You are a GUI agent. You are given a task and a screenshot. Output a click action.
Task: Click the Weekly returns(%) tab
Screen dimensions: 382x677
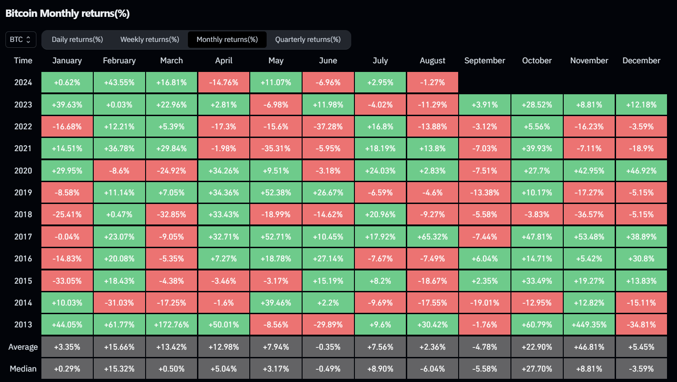coord(150,40)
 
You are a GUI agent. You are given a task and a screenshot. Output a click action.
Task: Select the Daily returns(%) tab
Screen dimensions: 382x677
coord(77,40)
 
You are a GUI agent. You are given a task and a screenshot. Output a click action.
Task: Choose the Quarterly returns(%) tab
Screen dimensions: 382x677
coord(308,40)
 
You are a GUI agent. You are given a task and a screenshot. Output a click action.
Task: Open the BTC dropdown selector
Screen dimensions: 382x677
coord(20,40)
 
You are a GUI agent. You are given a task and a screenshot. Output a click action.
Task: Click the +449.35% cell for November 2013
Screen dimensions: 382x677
coord(589,325)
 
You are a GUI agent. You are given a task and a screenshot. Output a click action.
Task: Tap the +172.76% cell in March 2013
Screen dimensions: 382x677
coord(172,325)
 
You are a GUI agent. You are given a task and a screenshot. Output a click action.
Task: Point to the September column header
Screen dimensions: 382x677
coord(485,61)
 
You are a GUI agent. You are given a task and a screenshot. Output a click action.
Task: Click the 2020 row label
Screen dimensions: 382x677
coord(23,171)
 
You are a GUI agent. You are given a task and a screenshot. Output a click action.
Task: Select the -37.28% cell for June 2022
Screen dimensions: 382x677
coord(328,127)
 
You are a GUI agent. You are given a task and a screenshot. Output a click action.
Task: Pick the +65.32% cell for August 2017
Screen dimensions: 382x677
coord(432,237)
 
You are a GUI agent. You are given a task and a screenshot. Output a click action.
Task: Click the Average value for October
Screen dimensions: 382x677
coord(537,347)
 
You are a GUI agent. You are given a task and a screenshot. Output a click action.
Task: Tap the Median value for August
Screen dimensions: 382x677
coord(432,369)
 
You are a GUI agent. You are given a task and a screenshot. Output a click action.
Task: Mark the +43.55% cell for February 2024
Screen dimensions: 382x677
coord(119,82)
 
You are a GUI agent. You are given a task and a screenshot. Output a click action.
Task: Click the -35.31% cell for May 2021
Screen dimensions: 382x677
coord(276,148)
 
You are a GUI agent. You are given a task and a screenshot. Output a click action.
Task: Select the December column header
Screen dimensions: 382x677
coord(641,61)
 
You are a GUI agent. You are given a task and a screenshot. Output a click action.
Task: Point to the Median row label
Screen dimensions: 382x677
coord(23,369)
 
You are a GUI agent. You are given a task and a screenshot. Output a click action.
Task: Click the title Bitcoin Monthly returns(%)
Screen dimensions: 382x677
coord(67,13)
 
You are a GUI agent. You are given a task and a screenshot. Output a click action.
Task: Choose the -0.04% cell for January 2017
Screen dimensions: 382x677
coord(67,237)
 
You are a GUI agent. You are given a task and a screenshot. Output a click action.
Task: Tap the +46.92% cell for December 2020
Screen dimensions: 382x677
coord(641,171)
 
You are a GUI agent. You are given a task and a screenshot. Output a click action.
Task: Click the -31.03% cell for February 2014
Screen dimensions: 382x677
coord(119,303)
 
